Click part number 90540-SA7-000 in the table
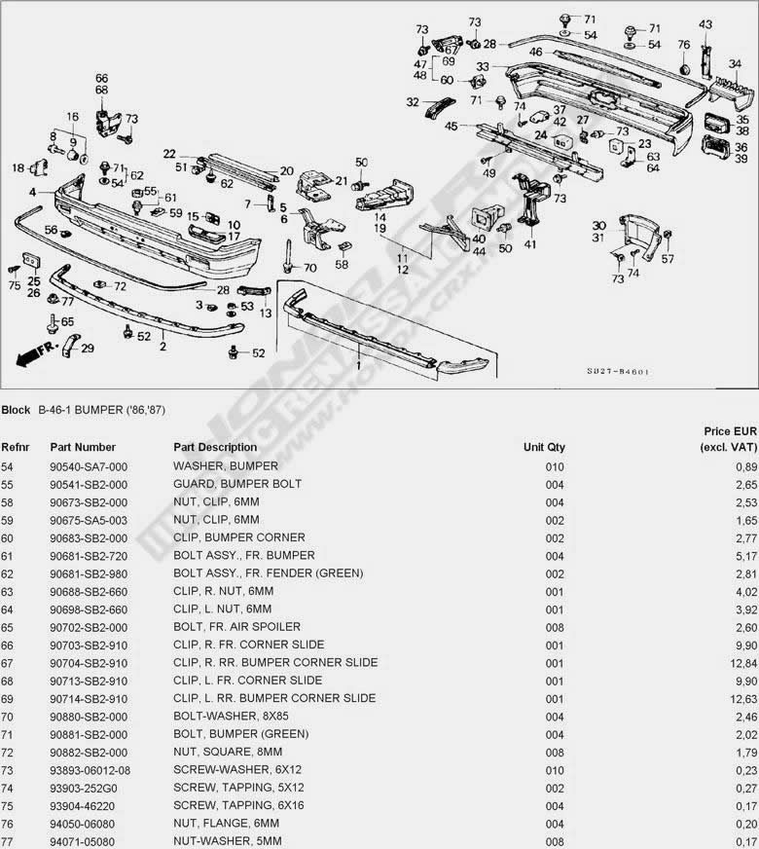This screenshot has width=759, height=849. tap(90, 466)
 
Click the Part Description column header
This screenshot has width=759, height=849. tap(215, 448)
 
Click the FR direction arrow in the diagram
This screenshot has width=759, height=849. tap(35, 351)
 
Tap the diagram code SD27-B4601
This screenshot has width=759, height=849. tap(618, 372)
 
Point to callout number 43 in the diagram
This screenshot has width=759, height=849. tap(705, 24)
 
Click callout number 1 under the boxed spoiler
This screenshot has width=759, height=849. tap(357, 365)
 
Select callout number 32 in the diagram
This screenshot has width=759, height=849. tap(412, 102)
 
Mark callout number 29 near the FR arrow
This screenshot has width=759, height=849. tap(88, 349)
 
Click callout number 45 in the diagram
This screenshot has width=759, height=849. tap(451, 127)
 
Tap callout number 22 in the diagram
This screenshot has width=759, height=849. tap(169, 154)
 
